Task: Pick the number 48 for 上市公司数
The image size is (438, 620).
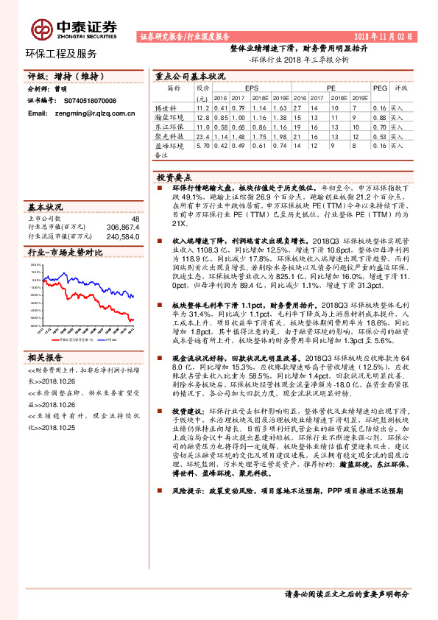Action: (x=135, y=219)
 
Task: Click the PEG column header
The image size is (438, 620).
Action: (x=380, y=87)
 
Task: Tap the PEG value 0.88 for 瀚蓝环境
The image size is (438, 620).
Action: (x=380, y=117)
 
